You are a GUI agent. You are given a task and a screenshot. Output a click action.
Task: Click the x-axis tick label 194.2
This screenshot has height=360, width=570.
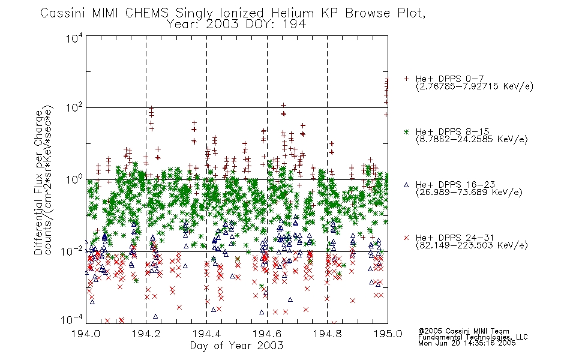[x=146, y=334]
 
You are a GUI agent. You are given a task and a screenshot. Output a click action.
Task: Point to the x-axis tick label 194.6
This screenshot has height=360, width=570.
[x=267, y=334]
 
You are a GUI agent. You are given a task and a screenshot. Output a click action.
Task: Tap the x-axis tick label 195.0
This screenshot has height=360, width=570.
[x=388, y=334]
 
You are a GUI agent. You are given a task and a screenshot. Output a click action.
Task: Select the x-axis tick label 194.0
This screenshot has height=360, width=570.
[x=86, y=334]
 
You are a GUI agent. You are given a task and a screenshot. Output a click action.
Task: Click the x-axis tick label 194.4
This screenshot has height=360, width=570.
[x=206, y=334]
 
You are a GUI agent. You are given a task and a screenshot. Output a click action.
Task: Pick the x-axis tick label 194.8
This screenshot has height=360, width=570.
[x=328, y=334]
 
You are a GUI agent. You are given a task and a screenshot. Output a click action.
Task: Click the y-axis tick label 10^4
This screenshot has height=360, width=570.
[x=74, y=38]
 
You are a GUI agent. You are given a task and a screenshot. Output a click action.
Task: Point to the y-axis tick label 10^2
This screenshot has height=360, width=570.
[x=74, y=108]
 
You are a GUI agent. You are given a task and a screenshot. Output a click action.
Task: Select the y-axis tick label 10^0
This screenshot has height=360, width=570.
[x=74, y=180]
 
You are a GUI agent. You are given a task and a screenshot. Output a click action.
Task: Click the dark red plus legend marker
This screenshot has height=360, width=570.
[x=406, y=79]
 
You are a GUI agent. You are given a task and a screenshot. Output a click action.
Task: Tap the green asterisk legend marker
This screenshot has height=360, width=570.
[x=406, y=131]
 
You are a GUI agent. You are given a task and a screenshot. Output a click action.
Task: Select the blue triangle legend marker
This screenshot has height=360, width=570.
[x=406, y=185]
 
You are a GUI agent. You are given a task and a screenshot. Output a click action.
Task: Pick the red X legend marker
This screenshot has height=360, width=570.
[x=406, y=238]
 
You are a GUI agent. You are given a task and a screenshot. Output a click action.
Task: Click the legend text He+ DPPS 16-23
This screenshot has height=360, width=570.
[x=455, y=185]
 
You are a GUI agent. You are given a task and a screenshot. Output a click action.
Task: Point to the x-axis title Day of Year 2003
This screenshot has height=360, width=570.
[x=236, y=346]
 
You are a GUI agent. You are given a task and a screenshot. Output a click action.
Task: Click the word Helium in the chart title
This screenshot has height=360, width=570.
[x=293, y=13]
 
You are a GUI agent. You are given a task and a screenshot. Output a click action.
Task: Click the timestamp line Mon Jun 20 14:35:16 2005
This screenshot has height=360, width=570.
[x=467, y=343]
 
